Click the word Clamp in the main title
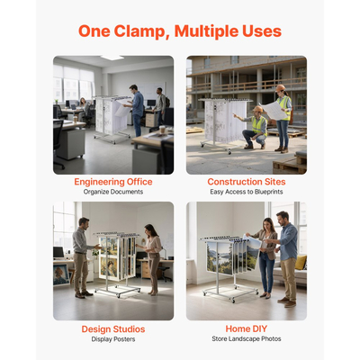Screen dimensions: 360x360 [x=139, y=31]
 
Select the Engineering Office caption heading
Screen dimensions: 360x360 [x=113, y=182]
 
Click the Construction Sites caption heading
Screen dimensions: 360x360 [x=247, y=182]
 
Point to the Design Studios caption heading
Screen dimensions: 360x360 [x=113, y=329]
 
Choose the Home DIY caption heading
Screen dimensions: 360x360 [x=247, y=328]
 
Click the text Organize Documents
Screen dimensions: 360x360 [x=113, y=192]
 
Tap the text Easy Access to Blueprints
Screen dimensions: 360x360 [x=247, y=192]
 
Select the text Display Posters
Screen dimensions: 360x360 [x=113, y=339]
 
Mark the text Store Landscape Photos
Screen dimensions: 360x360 [x=247, y=339]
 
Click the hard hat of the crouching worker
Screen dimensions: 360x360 [x=257, y=109]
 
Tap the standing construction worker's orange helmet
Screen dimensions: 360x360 [x=281, y=88]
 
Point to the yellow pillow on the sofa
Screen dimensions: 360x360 [x=301, y=262]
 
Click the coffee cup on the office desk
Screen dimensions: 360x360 [x=162, y=130]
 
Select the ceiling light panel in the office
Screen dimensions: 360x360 [x=112, y=58]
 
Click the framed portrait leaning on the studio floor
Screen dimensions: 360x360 [x=61, y=274]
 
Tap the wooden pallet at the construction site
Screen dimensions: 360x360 [x=290, y=164]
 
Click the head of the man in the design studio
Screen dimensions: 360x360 [x=84, y=222]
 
